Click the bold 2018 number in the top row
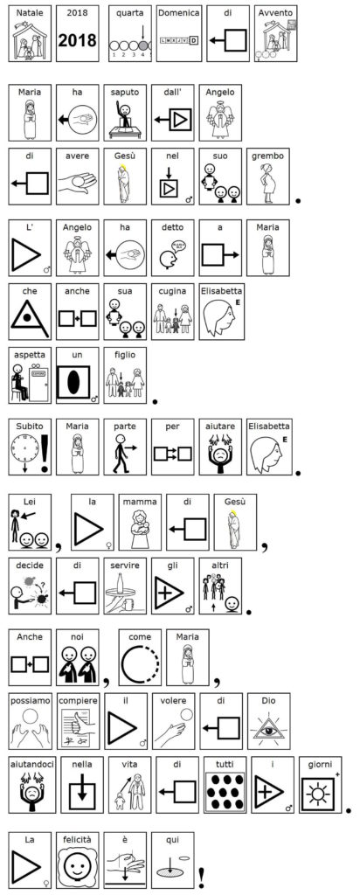78,40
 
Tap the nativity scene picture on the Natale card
31,39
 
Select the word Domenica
179,12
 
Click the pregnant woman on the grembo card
267,182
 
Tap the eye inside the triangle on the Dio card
268,729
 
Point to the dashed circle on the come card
140,665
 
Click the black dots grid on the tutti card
225,793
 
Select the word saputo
125,91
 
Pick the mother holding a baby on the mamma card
140,528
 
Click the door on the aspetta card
38,383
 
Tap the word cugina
173,291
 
